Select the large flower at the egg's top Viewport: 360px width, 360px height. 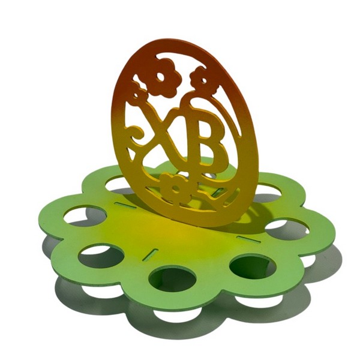[162, 77]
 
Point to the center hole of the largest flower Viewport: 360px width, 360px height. [160, 77]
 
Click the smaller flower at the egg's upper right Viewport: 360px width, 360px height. [203, 80]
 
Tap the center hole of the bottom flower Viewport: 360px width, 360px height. [176, 189]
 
